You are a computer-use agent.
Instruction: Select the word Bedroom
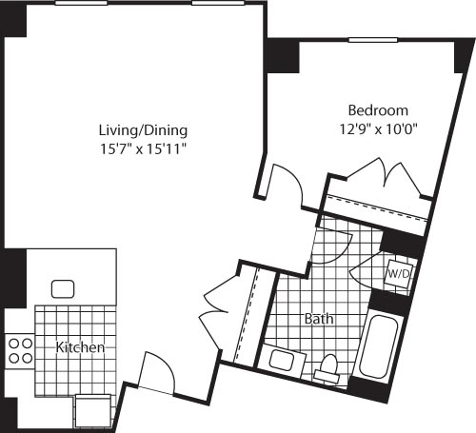(x=378, y=109)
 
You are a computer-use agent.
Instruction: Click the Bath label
(x=318, y=319)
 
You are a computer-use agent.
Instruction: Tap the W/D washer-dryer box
(x=397, y=274)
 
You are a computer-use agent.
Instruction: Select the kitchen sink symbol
(x=64, y=288)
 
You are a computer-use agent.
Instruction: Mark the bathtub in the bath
(x=380, y=344)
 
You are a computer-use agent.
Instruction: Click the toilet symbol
(x=329, y=365)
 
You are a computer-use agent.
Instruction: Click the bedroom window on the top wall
(x=372, y=39)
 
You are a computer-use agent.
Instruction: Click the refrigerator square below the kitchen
(x=92, y=411)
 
